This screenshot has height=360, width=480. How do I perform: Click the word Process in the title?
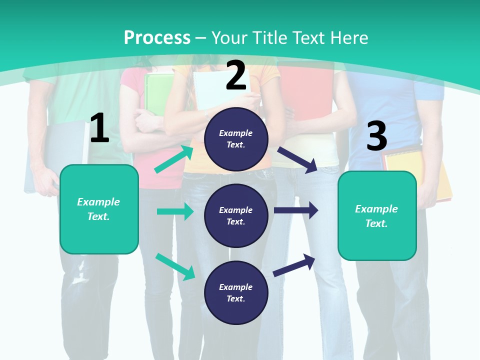(157, 37)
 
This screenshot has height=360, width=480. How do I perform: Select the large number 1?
(99, 128)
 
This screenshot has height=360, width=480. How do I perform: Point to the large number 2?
(236, 75)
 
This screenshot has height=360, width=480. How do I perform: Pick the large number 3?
(376, 136)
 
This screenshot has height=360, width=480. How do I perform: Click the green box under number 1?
(99, 209)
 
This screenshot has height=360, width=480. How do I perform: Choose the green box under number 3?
(377, 215)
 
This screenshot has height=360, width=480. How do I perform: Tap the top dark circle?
(236, 139)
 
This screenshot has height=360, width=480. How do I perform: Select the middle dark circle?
(236, 215)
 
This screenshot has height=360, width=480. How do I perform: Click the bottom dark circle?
(236, 292)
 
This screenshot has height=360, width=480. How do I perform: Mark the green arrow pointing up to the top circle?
(174, 159)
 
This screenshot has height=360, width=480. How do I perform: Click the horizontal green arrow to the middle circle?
(175, 211)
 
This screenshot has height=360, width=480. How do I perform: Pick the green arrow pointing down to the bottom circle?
(175, 266)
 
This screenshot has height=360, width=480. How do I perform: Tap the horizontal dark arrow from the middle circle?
(296, 210)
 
